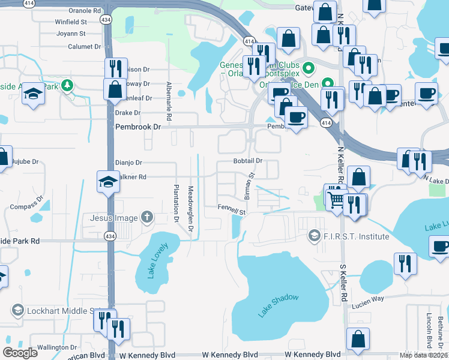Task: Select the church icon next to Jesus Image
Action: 147,217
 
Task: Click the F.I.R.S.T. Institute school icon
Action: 313,236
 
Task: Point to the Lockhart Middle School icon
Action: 17,310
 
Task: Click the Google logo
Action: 20,352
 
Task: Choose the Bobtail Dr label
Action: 248,161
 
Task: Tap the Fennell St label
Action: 232,212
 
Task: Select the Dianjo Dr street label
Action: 128,162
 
